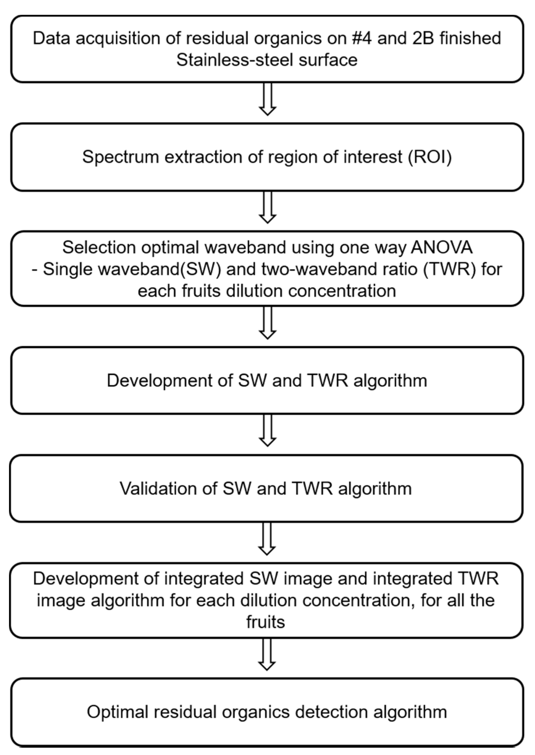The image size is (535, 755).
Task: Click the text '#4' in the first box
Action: click(362, 38)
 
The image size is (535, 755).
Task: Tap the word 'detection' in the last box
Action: click(331, 712)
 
